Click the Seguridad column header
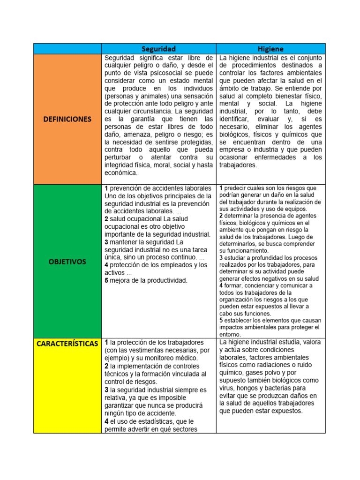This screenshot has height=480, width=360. coord(158,49)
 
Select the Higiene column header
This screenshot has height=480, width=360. coord(270,49)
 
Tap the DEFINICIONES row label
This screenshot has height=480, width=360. coord(67,119)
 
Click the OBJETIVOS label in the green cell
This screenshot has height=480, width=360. coord(67,262)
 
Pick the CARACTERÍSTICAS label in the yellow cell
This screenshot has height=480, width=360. coord(67,344)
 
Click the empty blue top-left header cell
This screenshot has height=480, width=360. coord(67,49)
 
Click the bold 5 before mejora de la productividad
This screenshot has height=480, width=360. coord(106,280)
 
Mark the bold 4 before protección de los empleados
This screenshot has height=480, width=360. coord(106,265)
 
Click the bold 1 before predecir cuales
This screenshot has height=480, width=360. coord(221,188)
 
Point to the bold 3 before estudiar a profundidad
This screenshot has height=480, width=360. coord(221,257)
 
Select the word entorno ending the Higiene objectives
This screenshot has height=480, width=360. coord(230,334)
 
